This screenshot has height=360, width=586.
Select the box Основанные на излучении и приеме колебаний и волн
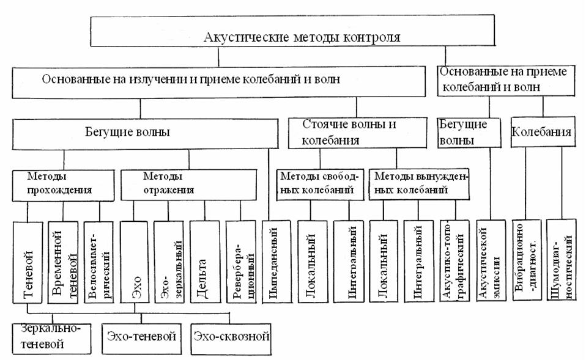tap(217, 79)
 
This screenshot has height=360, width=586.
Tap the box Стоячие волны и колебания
tap(349, 132)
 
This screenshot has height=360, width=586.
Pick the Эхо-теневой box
tap(142, 337)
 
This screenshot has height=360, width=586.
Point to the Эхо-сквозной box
tap(231, 337)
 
